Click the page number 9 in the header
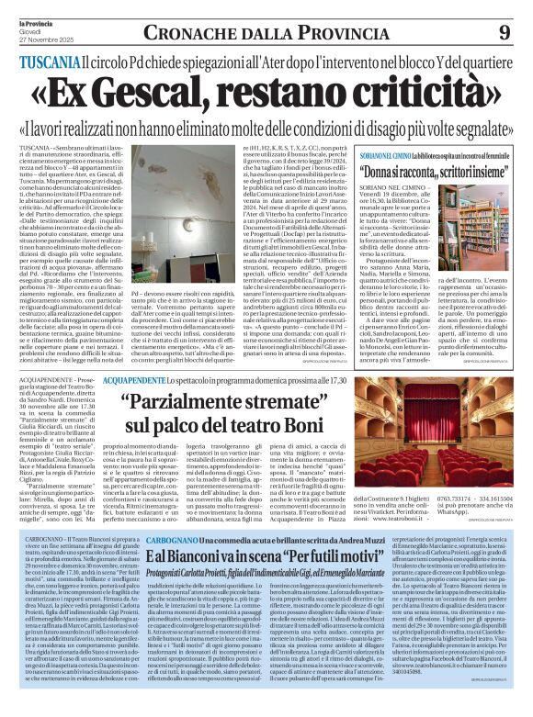[x=504, y=32]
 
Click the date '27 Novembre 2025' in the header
[x=37, y=37]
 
